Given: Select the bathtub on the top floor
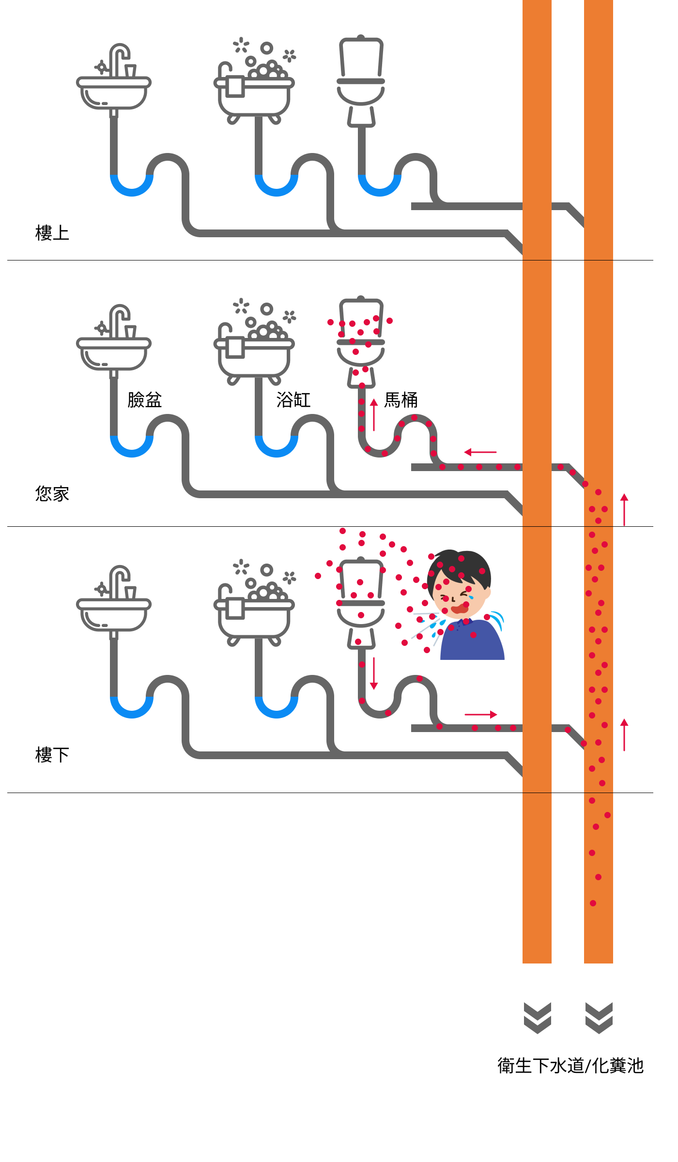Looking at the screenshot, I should click(x=254, y=94).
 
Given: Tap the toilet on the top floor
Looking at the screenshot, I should click(x=361, y=80).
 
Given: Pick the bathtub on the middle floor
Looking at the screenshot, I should click(x=254, y=356).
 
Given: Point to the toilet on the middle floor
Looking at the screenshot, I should click(x=361, y=341).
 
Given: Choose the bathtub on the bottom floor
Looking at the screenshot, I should click(x=254, y=617).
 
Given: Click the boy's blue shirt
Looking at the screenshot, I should click(x=472, y=642).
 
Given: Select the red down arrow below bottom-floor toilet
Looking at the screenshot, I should click(x=374, y=673).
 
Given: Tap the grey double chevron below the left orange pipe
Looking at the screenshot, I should click(x=538, y=1018).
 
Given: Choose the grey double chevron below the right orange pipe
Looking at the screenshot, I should click(x=599, y=1018).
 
